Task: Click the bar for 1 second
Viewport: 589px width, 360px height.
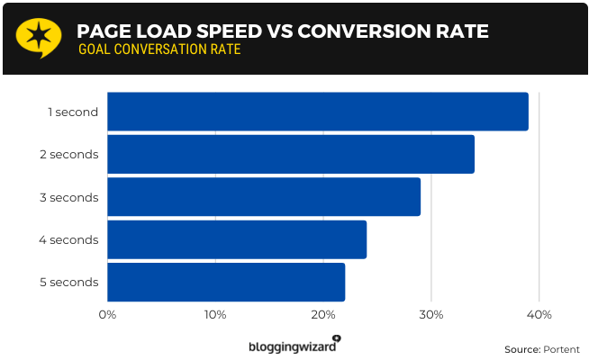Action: pyautogui.click(x=317, y=112)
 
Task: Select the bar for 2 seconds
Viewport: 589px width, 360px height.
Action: pyautogui.click(x=290, y=154)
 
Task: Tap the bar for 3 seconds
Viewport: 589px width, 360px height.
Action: pyautogui.click(x=263, y=196)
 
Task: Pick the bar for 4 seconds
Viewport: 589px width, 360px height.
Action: pyautogui.click(x=236, y=239)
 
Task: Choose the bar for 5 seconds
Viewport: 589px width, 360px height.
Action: pyautogui.click(x=225, y=283)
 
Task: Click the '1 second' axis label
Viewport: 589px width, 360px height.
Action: pyautogui.click(x=73, y=112)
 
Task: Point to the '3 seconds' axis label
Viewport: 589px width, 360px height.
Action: pyautogui.click(x=68, y=197)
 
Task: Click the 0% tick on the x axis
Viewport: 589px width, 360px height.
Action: pyautogui.click(x=107, y=314)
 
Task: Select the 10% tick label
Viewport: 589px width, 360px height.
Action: pyautogui.click(x=215, y=314)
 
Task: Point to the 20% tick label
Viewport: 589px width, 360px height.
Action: pyautogui.click(x=323, y=314)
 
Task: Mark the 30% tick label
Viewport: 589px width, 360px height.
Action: pyautogui.click(x=430, y=314)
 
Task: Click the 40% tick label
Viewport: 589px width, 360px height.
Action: pyautogui.click(x=539, y=314)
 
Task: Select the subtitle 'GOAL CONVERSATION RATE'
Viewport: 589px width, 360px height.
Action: pyautogui.click(x=159, y=49)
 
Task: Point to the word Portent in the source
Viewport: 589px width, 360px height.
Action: pyautogui.click(x=561, y=349)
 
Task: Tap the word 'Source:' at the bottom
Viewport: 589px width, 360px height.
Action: pyautogui.click(x=521, y=349)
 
